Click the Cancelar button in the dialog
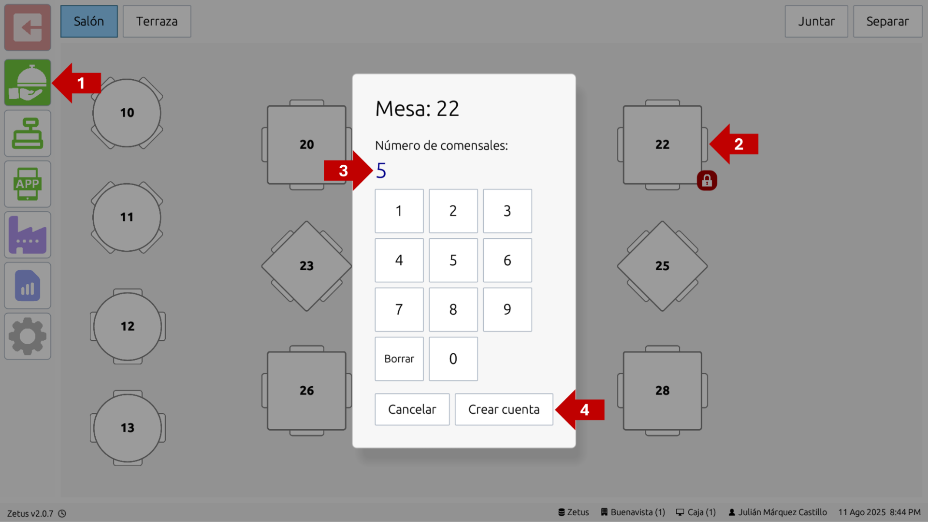coord(412,409)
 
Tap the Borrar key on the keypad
coord(399,359)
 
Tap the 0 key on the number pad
coord(453,359)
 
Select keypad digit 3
coord(507,211)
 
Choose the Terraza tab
coord(157,21)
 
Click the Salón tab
coord(89,21)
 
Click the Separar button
coord(887,21)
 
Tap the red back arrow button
coord(28,28)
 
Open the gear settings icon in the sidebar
coord(28,336)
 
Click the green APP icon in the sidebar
coord(28,184)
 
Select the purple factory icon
coord(28,235)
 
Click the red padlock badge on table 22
coord(707,181)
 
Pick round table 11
coord(127,217)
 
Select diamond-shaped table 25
coord(662,266)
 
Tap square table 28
coord(662,391)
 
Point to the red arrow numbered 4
coord(580,410)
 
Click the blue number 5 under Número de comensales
coord(381,171)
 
